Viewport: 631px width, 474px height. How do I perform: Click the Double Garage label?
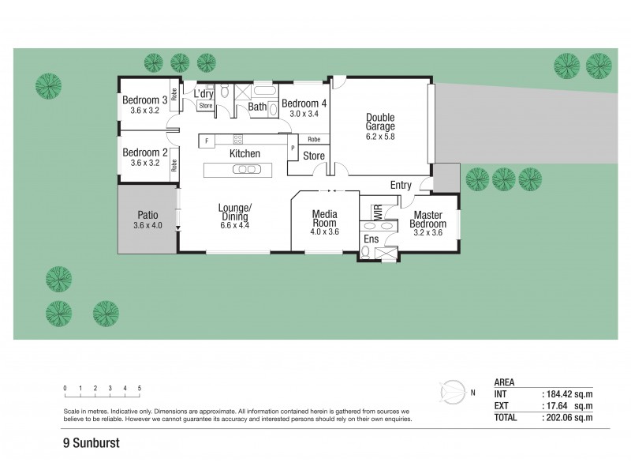click(x=379, y=122)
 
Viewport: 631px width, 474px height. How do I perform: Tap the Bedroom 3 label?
click(x=144, y=100)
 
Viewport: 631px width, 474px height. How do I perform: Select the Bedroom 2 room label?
click(x=144, y=152)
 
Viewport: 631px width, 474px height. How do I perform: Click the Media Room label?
click(x=325, y=218)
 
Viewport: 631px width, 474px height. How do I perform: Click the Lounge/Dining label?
click(x=234, y=213)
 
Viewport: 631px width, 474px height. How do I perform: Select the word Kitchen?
click(x=245, y=153)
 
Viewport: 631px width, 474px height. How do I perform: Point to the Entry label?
click(x=401, y=185)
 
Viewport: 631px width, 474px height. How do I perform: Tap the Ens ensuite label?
click(x=371, y=239)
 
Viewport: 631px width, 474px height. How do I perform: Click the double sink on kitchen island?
click(x=245, y=170)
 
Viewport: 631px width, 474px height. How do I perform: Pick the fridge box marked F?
click(x=207, y=141)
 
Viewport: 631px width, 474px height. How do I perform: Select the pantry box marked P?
click(x=293, y=147)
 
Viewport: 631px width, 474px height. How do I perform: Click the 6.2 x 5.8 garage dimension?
click(x=379, y=137)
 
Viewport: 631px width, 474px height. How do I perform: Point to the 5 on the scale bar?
click(x=140, y=388)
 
